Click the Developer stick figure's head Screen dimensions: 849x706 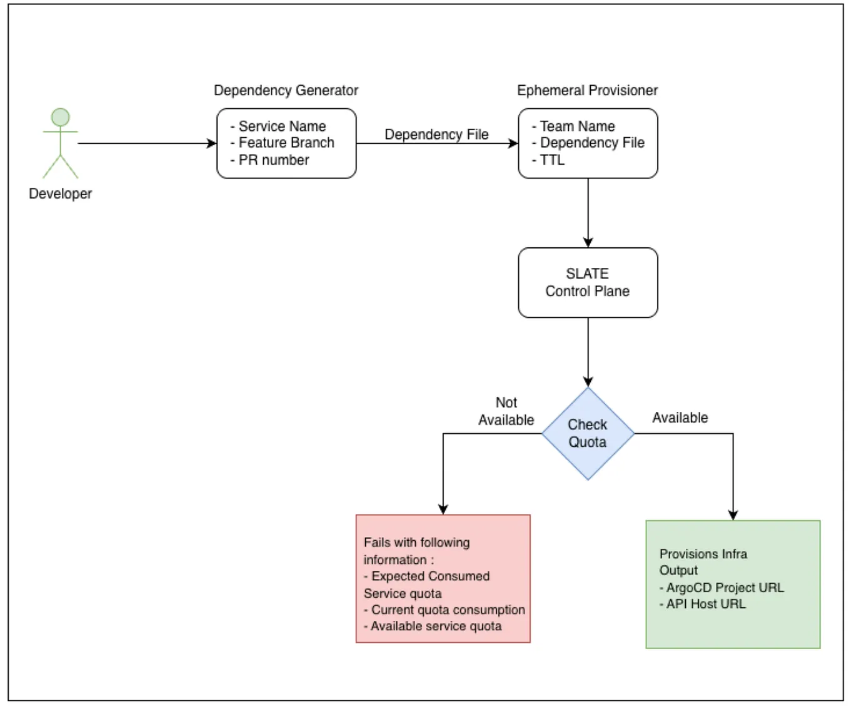60,117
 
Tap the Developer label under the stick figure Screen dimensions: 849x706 60,194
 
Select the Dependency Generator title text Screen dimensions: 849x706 286,90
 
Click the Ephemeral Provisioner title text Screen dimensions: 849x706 587,90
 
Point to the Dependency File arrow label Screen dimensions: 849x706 436,135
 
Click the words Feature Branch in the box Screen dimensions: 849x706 286,143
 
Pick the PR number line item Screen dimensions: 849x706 269,160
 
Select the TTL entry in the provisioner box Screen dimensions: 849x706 548,160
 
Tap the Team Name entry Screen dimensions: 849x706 573,126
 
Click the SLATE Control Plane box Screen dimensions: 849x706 588,282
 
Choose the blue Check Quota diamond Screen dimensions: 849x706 588,434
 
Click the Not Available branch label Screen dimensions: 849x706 506,411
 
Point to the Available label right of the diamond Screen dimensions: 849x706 680,417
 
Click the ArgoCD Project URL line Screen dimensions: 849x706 721,588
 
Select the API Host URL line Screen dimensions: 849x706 702,604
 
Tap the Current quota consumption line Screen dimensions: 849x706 444,610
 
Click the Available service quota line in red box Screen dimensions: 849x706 432,626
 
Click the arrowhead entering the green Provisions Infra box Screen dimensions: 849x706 733,515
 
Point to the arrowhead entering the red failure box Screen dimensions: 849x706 443,509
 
